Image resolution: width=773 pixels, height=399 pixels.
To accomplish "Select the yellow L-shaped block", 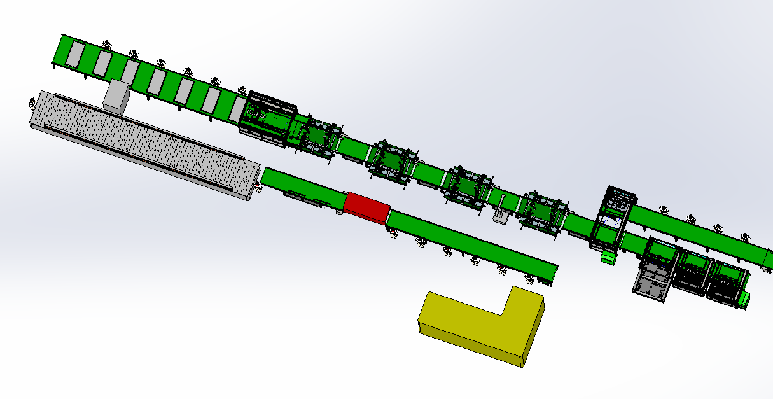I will tap(471, 325).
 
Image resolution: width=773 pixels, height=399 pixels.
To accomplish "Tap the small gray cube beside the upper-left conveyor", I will tap(116, 96).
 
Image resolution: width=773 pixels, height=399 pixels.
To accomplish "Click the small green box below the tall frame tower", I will tap(608, 257).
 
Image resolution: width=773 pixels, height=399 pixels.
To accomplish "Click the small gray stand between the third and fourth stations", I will tap(499, 213).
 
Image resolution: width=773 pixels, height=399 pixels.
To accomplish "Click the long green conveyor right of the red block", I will tap(471, 245).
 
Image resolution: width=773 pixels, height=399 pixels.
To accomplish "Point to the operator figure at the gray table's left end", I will tap(32, 101).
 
